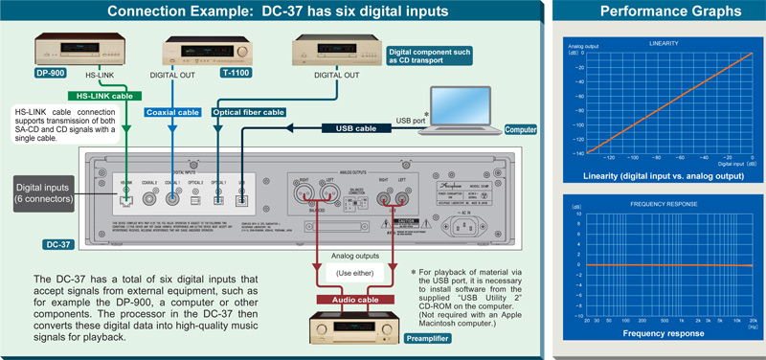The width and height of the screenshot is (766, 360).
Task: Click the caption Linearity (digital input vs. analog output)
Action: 665,175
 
